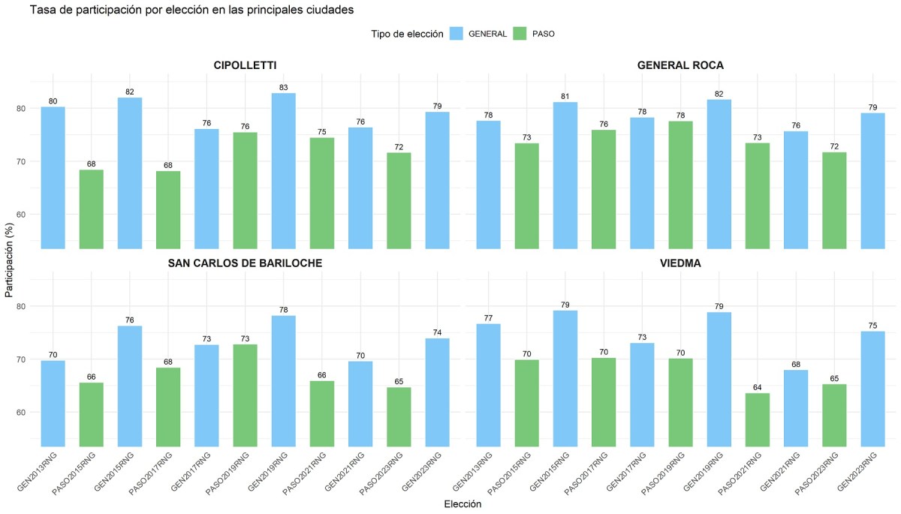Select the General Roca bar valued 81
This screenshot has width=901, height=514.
(565, 176)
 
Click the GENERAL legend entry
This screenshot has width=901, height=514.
(478, 34)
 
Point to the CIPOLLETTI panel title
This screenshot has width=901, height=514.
(245, 65)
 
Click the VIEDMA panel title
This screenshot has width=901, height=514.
(680, 263)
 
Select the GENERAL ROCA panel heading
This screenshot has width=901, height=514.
(680, 65)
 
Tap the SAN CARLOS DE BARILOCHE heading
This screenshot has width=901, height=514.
(245, 263)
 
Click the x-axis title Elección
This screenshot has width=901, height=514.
(463, 504)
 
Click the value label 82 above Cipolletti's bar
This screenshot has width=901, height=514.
(130, 92)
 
